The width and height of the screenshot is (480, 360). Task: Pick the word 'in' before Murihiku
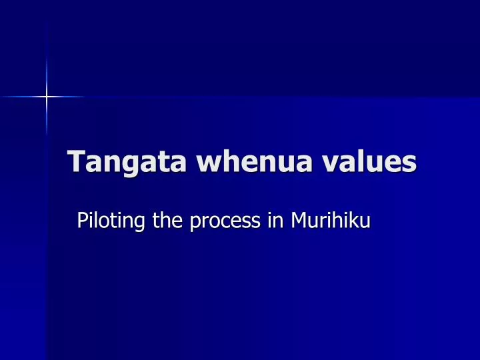(274, 220)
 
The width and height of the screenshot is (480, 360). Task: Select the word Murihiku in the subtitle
(329, 220)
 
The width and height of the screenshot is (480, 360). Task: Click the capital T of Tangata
(77, 161)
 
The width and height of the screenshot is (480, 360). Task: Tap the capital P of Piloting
(83, 220)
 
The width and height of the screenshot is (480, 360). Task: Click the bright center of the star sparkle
(47, 97)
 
